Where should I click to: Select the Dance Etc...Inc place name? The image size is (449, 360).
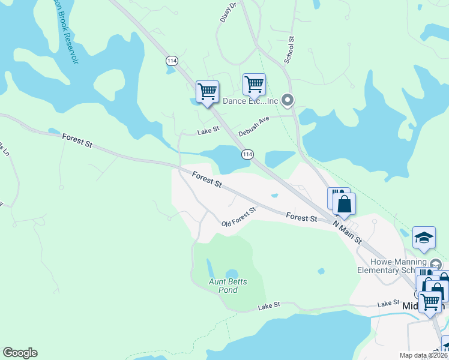pyautogui.click(x=250, y=101)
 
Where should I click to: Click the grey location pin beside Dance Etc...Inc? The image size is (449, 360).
pyautogui.click(x=288, y=100)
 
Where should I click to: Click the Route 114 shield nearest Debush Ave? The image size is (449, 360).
pyautogui.click(x=247, y=155)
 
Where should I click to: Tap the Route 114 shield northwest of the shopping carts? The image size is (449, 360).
pyautogui.click(x=172, y=61)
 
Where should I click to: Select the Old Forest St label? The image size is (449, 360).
pyautogui.click(x=238, y=217)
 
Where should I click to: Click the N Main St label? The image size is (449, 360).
pyautogui.click(x=348, y=231)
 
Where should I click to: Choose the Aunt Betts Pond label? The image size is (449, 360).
pyautogui.click(x=228, y=286)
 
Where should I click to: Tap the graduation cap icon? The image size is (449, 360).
pyautogui.click(x=424, y=237)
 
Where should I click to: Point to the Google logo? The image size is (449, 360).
pyautogui.click(x=20, y=353)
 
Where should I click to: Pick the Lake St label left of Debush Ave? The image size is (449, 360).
pyautogui.click(x=206, y=133)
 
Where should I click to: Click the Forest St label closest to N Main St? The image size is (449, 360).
pyautogui.click(x=301, y=217)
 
